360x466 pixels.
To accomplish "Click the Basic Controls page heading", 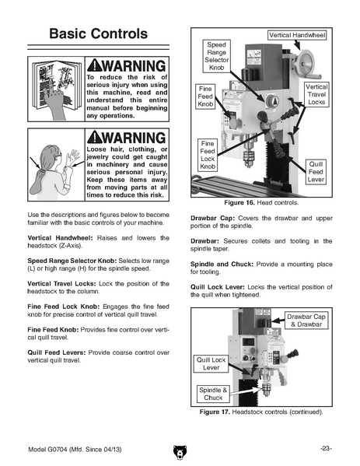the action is (98, 33).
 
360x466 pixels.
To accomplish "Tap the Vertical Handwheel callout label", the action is (297, 35).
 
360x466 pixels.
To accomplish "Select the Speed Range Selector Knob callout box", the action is (216, 56).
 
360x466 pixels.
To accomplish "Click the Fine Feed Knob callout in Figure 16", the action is (205, 96).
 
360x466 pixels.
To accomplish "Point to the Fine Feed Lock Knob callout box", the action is (208, 155).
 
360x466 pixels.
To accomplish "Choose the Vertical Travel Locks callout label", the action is (316, 94).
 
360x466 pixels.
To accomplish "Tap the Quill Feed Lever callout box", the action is (316, 172).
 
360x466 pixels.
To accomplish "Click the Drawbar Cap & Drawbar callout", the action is (306, 321).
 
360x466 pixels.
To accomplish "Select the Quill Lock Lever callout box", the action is (211, 363).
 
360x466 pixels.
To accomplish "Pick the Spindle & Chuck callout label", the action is (213, 394).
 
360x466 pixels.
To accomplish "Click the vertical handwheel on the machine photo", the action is (306, 63).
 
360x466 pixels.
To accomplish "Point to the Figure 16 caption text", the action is (261, 203).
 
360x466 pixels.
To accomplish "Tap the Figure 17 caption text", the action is (261, 412).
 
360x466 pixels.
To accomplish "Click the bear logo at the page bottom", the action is (180, 452).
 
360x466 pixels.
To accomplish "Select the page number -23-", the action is (326, 448).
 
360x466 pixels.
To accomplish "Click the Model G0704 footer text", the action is (75, 450).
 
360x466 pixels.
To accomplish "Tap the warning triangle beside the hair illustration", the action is (95, 137).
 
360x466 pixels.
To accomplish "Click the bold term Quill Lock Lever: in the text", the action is (218, 287).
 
